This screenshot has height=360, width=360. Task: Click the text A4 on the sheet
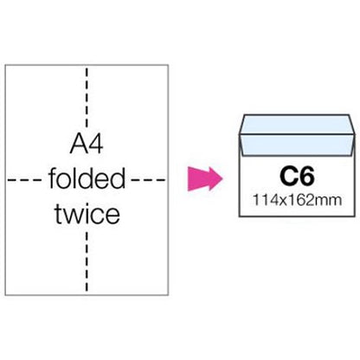pos(87,144)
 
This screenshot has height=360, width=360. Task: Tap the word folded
pos(87,178)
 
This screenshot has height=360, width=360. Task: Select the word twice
pos(87,214)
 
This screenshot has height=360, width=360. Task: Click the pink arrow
pos(205,178)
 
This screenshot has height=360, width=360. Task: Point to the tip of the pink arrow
pos(222,178)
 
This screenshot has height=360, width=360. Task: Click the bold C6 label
pos(297,177)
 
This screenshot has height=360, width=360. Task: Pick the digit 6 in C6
pos(306,177)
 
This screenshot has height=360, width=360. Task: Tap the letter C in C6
pos(288,177)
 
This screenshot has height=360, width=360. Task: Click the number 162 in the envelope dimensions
pos(292,200)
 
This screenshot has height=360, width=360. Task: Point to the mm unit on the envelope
pos(323,201)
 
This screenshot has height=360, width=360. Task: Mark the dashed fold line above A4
pos(87,98)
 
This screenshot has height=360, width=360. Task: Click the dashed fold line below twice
pos(87,261)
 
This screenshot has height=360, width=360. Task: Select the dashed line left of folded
pos(24,180)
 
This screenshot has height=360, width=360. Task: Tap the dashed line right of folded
pos(148,180)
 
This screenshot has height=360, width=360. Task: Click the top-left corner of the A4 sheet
pos(5,65)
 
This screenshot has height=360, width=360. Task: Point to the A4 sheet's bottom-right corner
pos(168,295)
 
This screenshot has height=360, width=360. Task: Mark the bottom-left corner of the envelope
pos(240,216)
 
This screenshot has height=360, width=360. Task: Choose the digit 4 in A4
pos(95,144)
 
